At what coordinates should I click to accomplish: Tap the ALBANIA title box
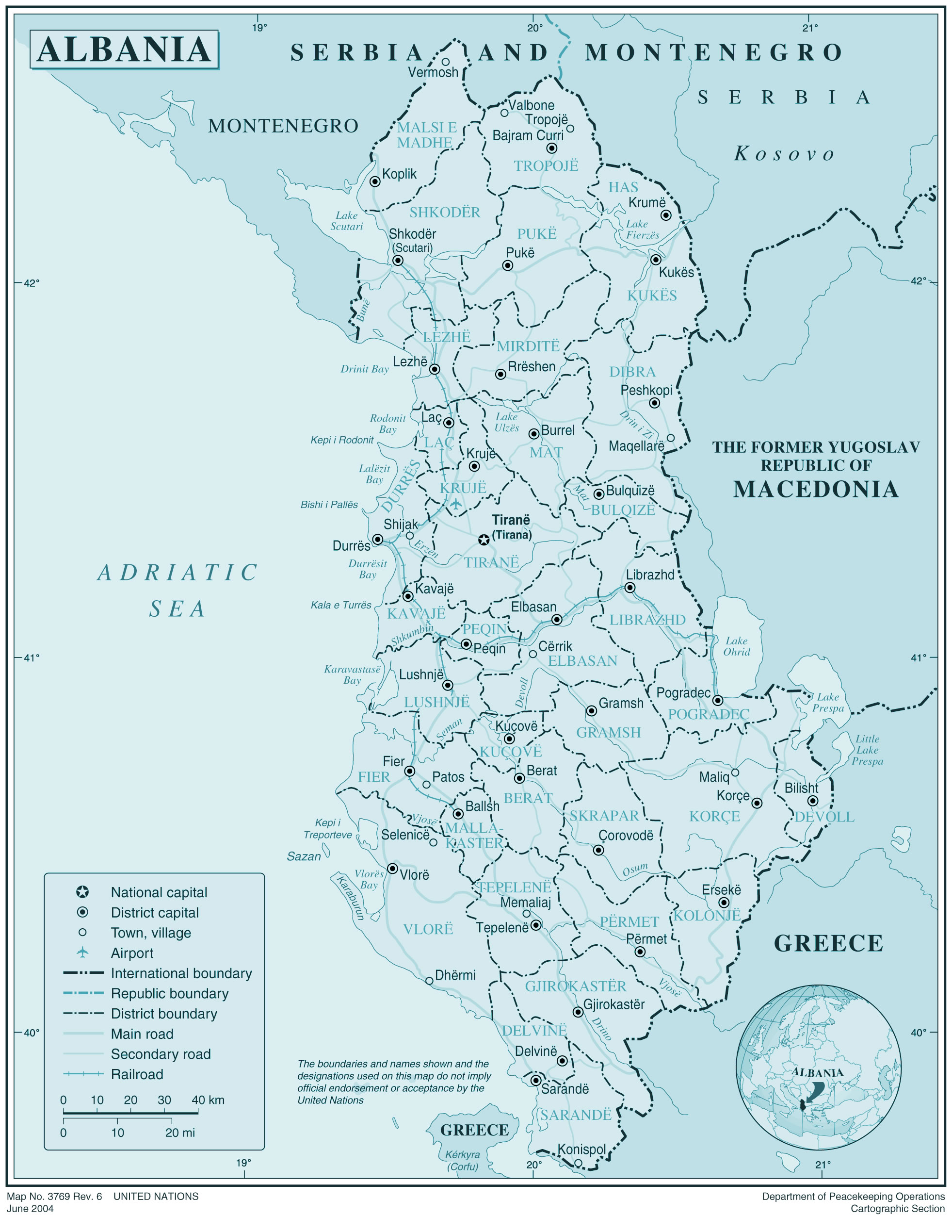click(124, 49)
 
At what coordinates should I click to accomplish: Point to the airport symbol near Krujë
click(456, 504)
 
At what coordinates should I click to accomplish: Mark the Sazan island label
click(304, 856)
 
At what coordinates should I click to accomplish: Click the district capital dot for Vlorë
click(392, 868)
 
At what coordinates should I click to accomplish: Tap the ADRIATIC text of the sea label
click(177, 573)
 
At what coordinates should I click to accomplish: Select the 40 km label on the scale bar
click(208, 1100)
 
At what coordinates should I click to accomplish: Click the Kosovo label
click(784, 153)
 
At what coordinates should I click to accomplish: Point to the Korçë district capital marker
click(757, 803)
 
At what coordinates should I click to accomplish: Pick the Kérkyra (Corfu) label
click(463, 1160)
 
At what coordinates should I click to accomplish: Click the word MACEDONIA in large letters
click(815, 489)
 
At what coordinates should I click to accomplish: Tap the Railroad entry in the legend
click(137, 1074)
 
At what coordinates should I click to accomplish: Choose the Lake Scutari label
click(346, 221)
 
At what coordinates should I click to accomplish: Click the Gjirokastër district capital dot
click(578, 1011)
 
